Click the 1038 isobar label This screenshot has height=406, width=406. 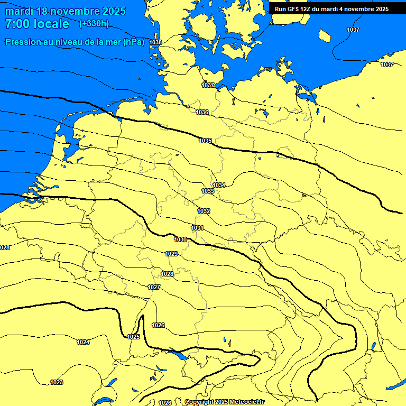(x=156, y=42)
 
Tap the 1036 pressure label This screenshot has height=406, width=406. (x=202, y=112)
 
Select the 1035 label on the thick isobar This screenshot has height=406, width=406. (x=206, y=141)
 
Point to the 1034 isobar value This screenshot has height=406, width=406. (x=219, y=185)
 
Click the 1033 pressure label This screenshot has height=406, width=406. (x=208, y=191)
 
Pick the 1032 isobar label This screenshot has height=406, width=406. (x=204, y=211)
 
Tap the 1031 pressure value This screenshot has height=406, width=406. (x=198, y=228)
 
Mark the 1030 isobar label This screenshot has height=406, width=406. (x=180, y=239)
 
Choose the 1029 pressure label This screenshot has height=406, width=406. (x=171, y=254)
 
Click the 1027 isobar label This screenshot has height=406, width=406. (x=154, y=287)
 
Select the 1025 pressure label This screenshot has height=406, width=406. (x=133, y=337)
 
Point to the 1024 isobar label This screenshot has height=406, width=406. (x=83, y=342)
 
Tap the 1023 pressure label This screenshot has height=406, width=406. (x=57, y=382)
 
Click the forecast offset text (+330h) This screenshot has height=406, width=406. (x=94, y=23)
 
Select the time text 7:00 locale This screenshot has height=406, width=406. (x=37, y=24)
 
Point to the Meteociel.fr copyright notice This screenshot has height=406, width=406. (x=224, y=402)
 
